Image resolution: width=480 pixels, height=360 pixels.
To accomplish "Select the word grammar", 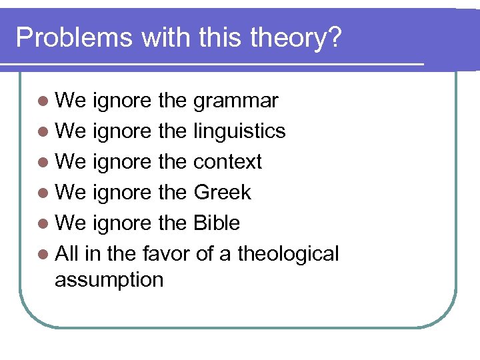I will [235, 101].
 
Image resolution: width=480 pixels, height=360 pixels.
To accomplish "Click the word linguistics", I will [239, 131].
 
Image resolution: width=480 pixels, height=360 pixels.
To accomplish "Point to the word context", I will [227, 162].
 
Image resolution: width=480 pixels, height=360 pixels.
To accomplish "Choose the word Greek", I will [222, 193].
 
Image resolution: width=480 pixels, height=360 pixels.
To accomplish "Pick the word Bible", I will [217, 223].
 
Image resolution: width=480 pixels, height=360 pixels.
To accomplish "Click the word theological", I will [288, 254].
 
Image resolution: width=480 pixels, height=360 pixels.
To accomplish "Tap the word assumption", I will [109, 280].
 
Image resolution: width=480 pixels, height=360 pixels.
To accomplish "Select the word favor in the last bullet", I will [163, 254].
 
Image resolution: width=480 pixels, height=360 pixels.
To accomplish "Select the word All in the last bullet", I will [65, 254].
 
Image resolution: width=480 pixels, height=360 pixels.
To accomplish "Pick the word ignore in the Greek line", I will [123, 193].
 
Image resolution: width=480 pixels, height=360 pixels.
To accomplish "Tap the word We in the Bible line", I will [71, 223].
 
